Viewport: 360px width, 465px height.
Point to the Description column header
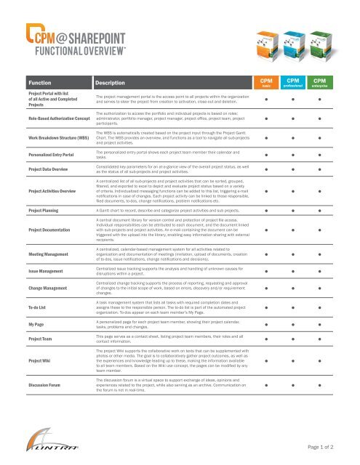pyautogui.click(x=113, y=84)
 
